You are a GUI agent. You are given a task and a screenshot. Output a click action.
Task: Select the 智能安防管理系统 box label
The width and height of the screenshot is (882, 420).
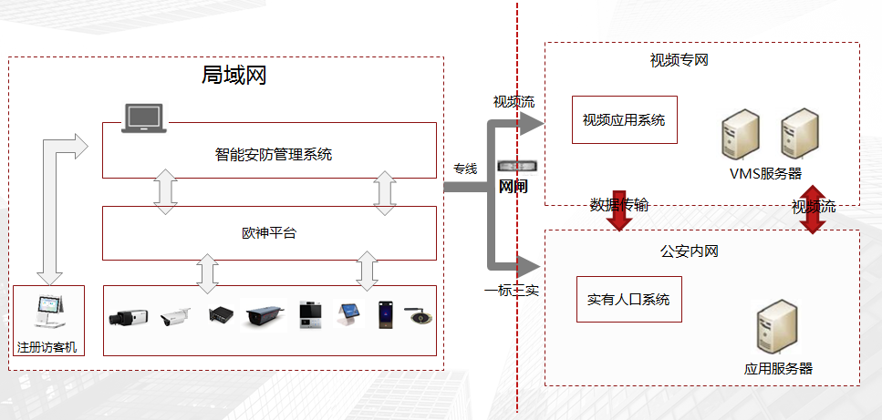[273, 154]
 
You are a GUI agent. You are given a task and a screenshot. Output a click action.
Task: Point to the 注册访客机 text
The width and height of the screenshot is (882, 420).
[49, 347]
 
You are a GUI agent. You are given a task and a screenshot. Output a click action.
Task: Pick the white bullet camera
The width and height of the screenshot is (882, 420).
[175, 316]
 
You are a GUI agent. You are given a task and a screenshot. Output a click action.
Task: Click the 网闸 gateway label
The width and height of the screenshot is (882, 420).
[514, 187]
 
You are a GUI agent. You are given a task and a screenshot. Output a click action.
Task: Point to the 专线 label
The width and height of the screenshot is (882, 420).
[465, 169]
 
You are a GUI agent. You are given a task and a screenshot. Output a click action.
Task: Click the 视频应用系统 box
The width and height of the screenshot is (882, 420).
[624, 119]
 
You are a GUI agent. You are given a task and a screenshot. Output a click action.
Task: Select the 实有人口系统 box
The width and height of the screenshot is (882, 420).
[628, 299]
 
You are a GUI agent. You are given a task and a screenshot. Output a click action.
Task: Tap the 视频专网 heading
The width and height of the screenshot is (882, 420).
[679, 61]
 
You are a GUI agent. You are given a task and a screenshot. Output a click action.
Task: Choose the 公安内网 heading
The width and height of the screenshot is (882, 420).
[689, 251]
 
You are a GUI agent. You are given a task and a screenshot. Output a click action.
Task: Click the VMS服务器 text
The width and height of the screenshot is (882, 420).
[765, 173]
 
